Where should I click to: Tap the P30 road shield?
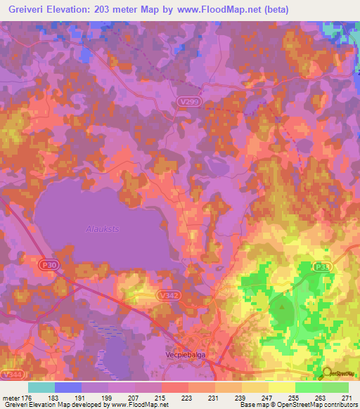click(x=47, y=263)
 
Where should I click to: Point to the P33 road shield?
click(x=323, y=267)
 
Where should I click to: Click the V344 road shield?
click(x=10, y=375)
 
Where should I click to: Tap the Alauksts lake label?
click(x=101, y=228)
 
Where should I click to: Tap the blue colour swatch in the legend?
click(x=67, y=387)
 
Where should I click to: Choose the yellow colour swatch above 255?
click(x=281, y=387)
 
